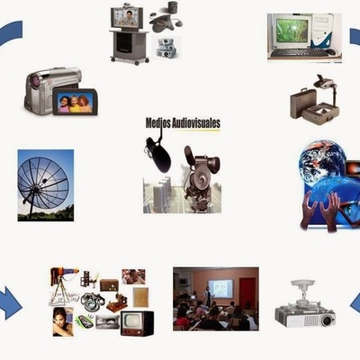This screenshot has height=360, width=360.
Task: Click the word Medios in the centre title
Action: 159,122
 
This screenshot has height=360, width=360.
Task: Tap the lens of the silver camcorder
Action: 34,83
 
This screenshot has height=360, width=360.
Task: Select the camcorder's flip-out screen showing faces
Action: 73,102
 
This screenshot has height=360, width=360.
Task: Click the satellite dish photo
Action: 45,185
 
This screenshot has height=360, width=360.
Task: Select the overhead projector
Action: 316,104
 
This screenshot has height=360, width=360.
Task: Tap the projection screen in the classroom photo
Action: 220,289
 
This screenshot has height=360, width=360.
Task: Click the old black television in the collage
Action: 137,322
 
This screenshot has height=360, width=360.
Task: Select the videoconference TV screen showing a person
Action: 127,17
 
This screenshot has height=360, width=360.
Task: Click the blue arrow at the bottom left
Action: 10,303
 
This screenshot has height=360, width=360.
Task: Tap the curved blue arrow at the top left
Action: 11,34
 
